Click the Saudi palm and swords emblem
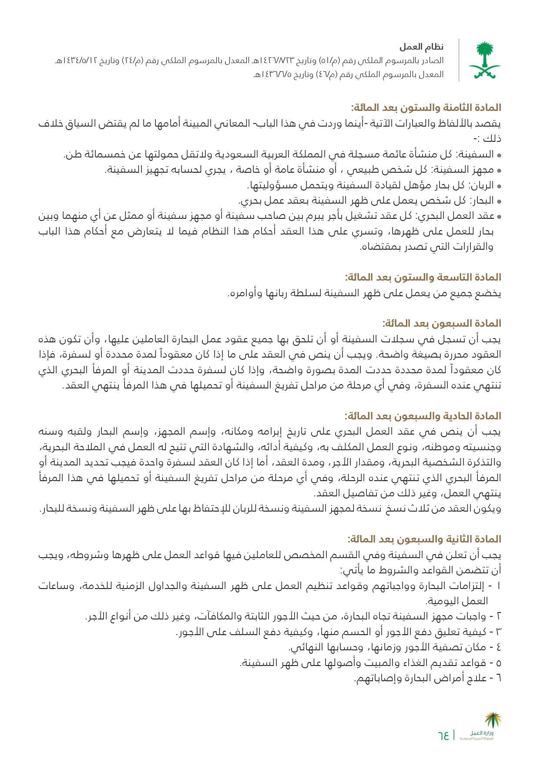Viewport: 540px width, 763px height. click(x=484, y=60)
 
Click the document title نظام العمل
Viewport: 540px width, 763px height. click(x=422, y=47)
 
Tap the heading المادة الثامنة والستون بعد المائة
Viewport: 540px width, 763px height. click(x=426, y=107)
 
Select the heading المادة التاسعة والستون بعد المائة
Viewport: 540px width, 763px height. click(x=423, y=278)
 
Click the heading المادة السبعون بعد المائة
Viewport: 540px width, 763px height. click(x=442, y=324)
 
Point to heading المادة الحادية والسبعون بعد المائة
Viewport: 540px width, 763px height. click(x=423, y=416)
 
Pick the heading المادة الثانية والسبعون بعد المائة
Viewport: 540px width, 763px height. click(x=424, y=539)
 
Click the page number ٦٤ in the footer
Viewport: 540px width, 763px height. click(x=443, y=736)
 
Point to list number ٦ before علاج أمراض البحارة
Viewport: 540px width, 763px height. click(x=499, y=679)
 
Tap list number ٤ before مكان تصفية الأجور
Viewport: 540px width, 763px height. click(x=499, y=648)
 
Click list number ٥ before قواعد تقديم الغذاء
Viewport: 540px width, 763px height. click(x=499, y=663)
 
